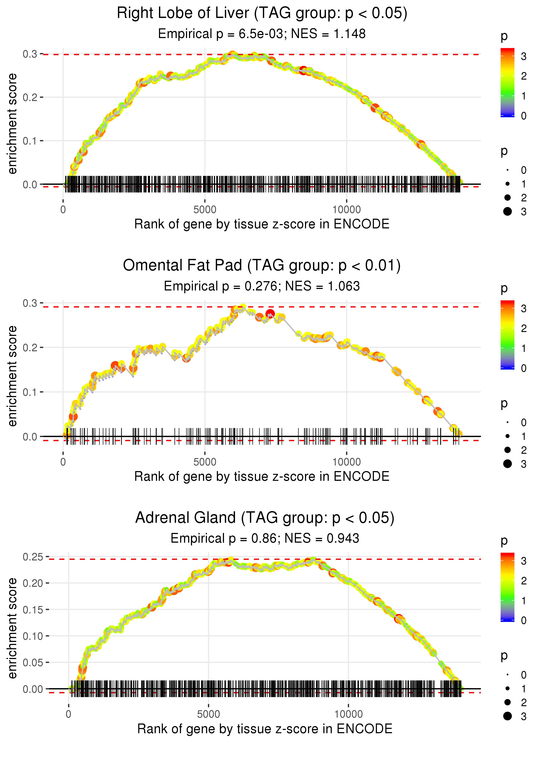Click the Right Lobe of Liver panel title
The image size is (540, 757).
point(262,13)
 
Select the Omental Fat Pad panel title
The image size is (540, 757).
point(262,266)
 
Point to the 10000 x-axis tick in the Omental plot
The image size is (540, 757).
point(346,462)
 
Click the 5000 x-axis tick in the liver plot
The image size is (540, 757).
point(205,210)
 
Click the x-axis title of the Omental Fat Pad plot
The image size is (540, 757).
point(262,476)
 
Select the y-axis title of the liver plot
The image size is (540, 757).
point(12,124)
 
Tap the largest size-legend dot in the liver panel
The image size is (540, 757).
point(507,211)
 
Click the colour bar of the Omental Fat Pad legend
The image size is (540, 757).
point(507,335)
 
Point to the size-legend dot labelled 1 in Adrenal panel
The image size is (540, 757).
point(507,688)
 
